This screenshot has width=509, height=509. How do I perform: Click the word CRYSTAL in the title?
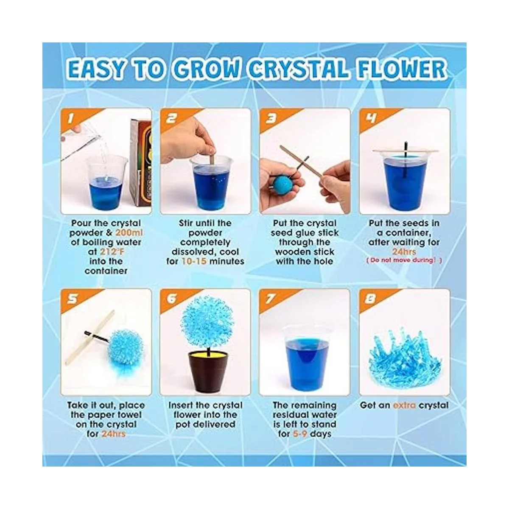tap(298, 69)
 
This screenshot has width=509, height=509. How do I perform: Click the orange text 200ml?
tap(129, 233)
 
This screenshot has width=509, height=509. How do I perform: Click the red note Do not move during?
tap(404, 260)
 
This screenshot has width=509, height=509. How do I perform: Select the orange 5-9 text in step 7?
tap(300, 434)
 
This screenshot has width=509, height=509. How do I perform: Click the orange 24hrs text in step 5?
tap(113, 434)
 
